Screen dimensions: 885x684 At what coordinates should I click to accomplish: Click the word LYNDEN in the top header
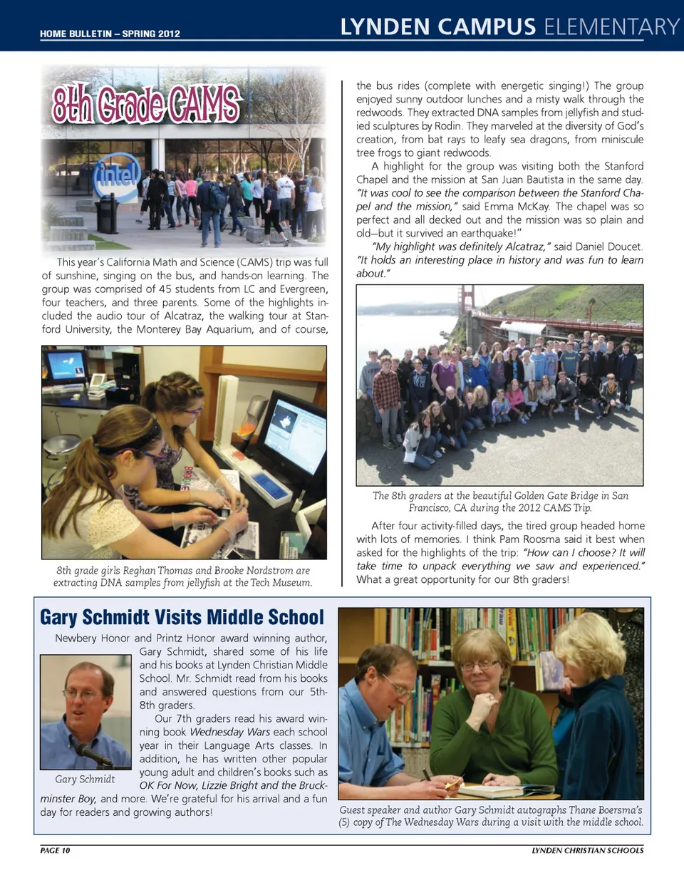[x=385, y=27]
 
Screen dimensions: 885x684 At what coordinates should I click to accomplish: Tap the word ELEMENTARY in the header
[x=611, y=27]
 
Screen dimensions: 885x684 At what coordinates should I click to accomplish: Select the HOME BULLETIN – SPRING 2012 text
[x=110, y=33]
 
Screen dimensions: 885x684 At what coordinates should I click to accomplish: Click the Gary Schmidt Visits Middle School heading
[x=182, y=617]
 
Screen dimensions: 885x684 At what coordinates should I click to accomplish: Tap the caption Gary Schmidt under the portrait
[x=85, y=779]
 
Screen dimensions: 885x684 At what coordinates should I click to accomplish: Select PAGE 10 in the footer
[x=55, y=850]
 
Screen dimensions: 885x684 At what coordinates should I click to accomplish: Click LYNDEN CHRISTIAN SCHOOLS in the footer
[x=587, y=850]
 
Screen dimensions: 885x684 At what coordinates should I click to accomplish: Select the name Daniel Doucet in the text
[x=608, y=247]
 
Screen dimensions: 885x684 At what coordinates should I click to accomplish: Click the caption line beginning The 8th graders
[x=500, y=496]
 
